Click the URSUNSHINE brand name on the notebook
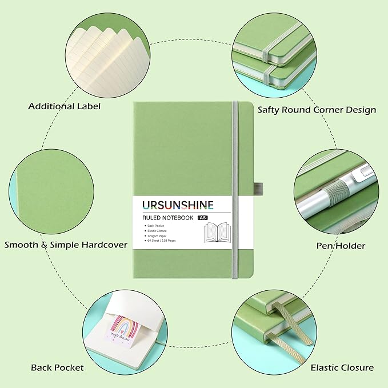point(174,205)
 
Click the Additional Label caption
point(64,106)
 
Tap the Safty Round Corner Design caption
point(317,109)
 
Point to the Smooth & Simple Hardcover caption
point(66,245)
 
